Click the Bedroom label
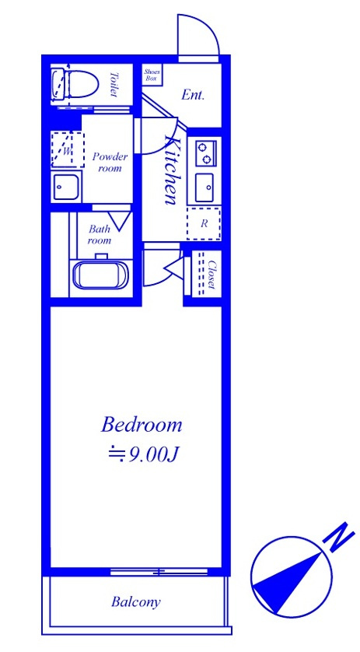(x=142, y=425)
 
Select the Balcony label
(x=136, y=601)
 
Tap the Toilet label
(x=114, y=84)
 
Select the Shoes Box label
(x=152, y=75)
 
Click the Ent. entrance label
(x=194, y=95)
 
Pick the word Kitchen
(x=170, y=170)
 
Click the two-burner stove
(x=206, y=153)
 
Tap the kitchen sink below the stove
(x=204, y=187)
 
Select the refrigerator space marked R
(x=204, y=224)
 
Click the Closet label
(x=211, y=275)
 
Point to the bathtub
(x=101, y=275)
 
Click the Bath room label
(x=100, y=234)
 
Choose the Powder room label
(x=110, y=162)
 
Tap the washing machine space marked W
(x=68, y=149)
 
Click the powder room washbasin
(x=65, y=188)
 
